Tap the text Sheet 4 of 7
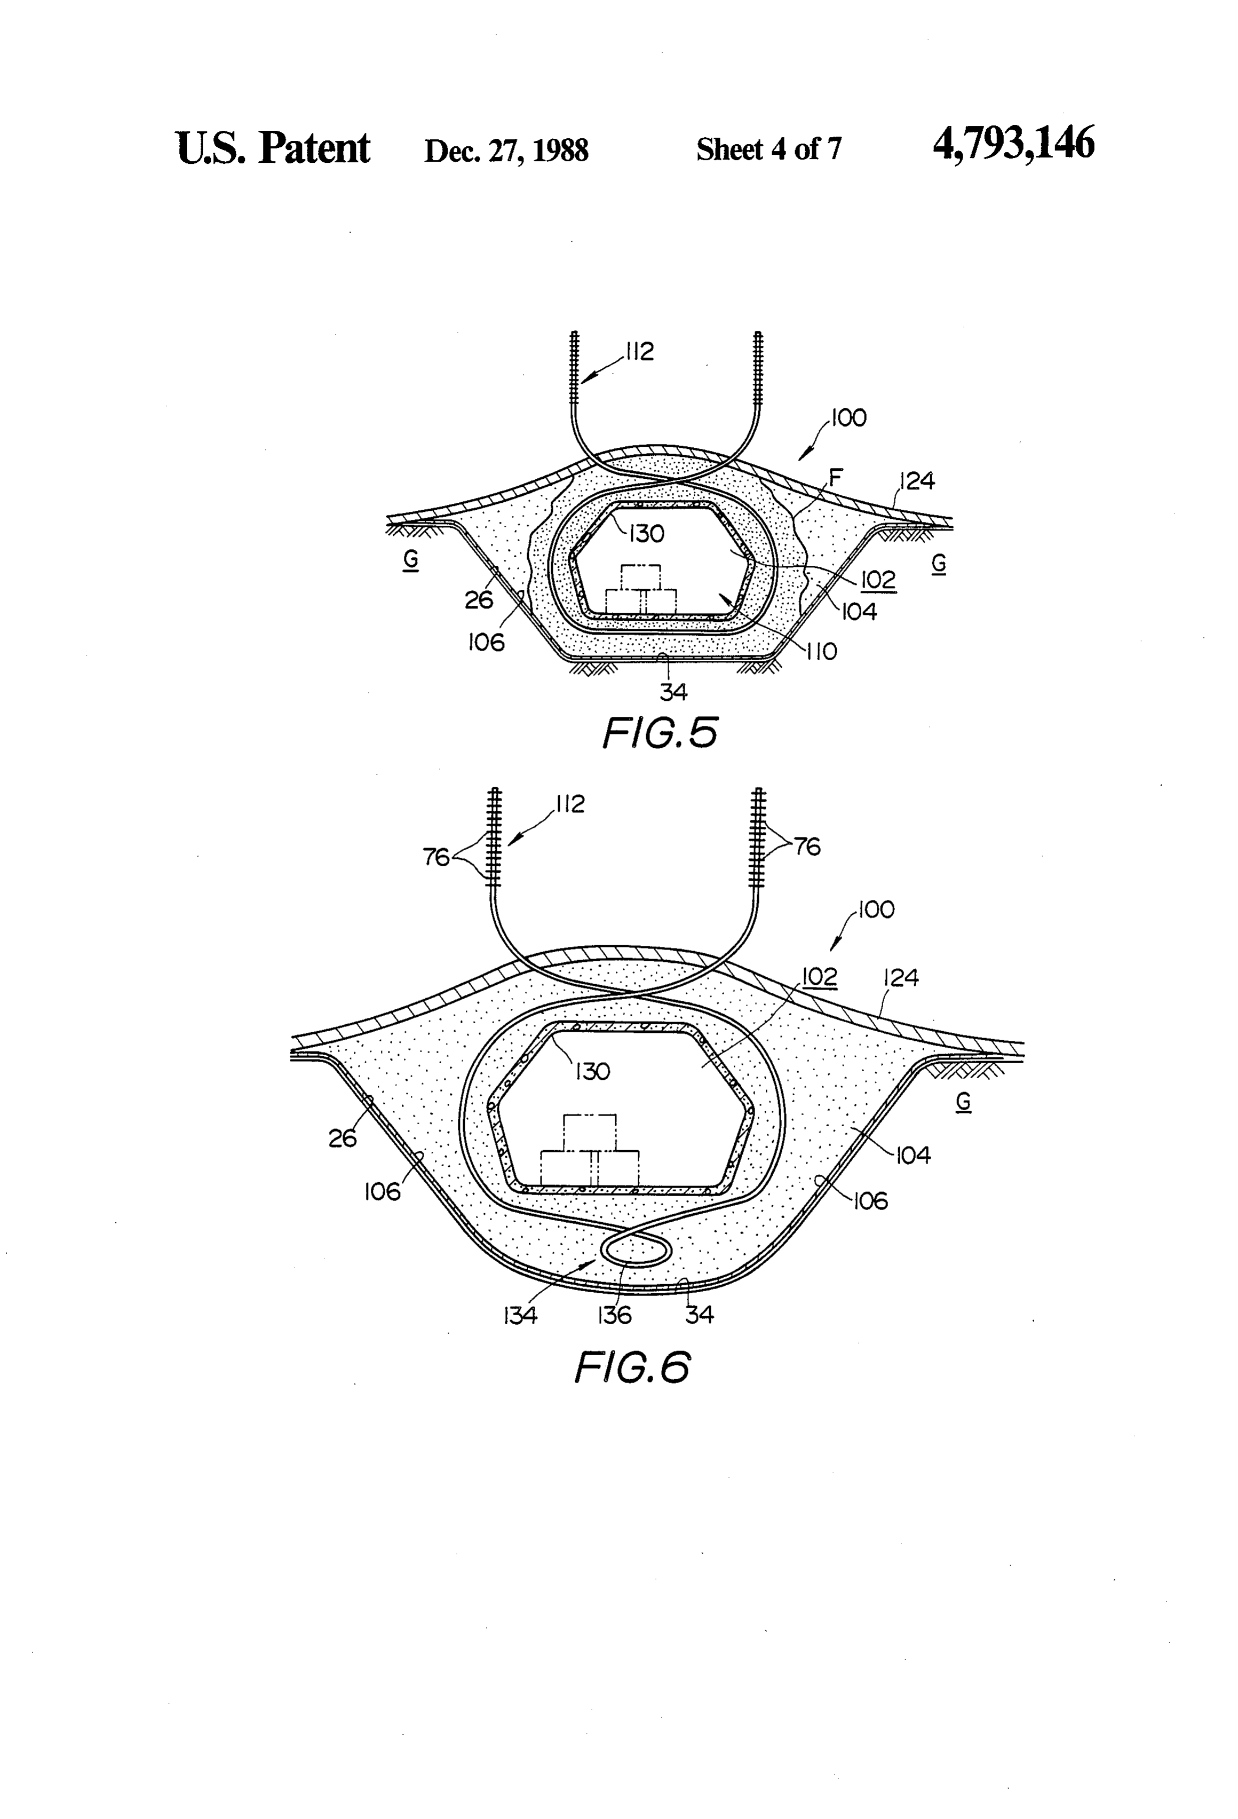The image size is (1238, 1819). [768, 149]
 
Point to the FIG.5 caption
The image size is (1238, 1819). [660, 733]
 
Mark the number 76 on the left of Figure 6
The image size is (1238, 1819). [437, 857]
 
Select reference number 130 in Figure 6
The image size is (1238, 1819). [592, 1071]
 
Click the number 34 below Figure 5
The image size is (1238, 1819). [674, 692]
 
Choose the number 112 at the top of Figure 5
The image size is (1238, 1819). [639, 352]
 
